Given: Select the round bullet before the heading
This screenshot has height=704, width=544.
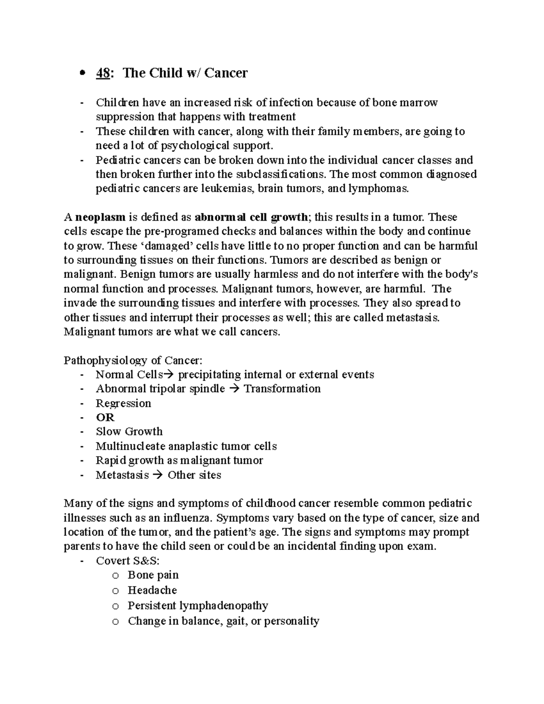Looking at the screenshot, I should (82, 74).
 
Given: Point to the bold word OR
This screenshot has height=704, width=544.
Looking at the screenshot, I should (105, 418).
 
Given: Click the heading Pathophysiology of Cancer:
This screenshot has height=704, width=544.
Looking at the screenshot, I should (133, 361).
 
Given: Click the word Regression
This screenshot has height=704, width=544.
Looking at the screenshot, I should (123, 403).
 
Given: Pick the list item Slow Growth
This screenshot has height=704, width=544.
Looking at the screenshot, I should (129, 432).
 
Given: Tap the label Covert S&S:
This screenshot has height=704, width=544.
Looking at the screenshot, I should (127, 561).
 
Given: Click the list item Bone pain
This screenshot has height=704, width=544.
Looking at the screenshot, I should (153, 575).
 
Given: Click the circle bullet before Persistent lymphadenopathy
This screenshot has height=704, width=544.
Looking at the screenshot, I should (116, 606).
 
